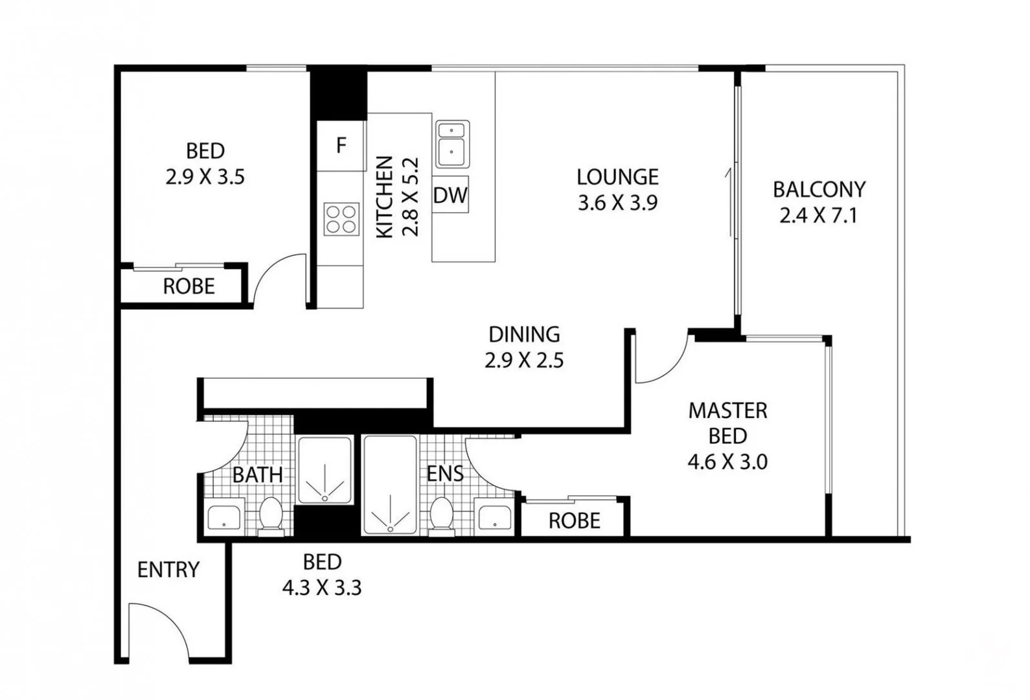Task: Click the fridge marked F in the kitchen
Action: [341, 146]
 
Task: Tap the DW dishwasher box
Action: [450, 194]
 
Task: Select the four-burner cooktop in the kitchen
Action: [341, 218]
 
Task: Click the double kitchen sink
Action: [452, 144]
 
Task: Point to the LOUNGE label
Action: [617, 177]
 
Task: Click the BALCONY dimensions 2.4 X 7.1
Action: [818, 215]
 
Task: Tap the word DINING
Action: [524, 334]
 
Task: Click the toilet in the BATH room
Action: [270, 516]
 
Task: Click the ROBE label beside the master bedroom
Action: [574, 521]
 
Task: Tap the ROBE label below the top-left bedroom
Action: [189, 286]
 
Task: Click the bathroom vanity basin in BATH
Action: [224, 518]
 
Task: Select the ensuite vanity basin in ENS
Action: [494, 518]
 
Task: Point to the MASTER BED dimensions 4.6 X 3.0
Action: [727, 462]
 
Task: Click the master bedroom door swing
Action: [662, 360]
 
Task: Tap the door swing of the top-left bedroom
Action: [277, 277]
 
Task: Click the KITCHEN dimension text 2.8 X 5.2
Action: [411, 197]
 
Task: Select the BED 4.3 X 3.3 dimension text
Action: [322, 588]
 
